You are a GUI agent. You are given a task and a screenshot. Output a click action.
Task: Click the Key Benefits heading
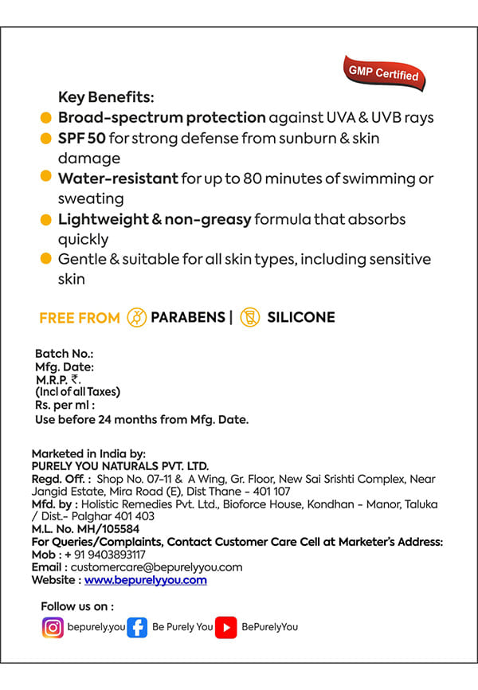[106, 97]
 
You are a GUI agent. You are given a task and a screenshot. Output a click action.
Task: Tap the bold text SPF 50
[81, 138]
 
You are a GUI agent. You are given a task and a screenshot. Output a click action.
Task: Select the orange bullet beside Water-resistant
[46, 176]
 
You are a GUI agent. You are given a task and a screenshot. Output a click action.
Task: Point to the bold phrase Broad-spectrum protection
[162, 117]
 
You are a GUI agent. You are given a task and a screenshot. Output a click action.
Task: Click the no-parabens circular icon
[137, 317]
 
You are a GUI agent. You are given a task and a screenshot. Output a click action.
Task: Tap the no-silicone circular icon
[250, 317]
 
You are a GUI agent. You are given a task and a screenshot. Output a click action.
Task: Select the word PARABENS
[188, 317]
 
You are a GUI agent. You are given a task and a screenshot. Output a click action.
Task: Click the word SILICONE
[301, 317]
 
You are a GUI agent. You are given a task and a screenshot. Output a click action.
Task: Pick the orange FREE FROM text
[79, 318]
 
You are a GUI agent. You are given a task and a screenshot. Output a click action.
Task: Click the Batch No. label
[65, 353]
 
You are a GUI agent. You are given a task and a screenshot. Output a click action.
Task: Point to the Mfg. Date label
[65, 367]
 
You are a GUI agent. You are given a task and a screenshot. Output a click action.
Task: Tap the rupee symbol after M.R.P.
[75, 379]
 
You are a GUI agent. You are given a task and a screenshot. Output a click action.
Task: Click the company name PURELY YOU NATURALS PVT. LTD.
[119, 465]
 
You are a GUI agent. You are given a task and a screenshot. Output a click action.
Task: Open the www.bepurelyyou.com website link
[145, 580]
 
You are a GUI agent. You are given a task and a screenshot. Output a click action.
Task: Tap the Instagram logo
[53, 627]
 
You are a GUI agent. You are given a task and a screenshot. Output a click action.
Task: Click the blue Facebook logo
[137, 627]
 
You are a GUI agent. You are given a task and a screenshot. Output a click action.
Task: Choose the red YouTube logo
[226, 627]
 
